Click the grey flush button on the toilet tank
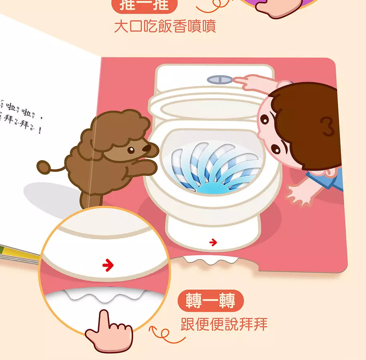tap(220, 79)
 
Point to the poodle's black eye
tap(131, 150)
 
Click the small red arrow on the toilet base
tap(213, 242)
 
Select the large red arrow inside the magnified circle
tap(108, 265)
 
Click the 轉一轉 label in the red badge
tap(211, 301)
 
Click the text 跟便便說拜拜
tap(224, 324)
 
